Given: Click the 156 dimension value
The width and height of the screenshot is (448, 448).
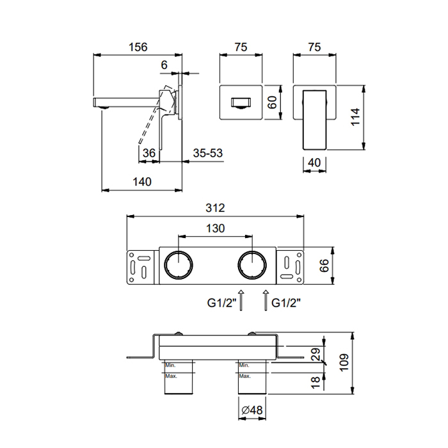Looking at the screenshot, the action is pyautogui.click(x=138, y=47).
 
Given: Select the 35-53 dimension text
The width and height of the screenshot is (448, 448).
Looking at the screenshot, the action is pyautogui.click(x=208, y=153).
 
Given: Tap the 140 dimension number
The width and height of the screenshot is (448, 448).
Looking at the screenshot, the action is pyautogui.click(x=142, y=182).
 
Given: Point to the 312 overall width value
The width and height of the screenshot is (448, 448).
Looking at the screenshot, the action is pyautogui.click(x=215, y=208).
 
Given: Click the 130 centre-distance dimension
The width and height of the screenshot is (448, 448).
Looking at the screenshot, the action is pyautogui.click(x=216, y=228).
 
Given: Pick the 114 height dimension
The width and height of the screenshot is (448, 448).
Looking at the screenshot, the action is pyautogui.click(x=355, y=116).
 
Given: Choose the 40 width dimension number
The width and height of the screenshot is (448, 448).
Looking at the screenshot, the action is pyautogui.click(x=314, y=163).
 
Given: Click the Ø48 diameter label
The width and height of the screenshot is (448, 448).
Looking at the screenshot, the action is pyautogui.click(x=252, y=410).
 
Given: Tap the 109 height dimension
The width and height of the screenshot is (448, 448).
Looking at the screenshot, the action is pyautogui.click(x=344, y=362).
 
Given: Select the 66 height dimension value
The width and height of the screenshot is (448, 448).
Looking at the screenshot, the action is pyautogui.click(x=324, y=266).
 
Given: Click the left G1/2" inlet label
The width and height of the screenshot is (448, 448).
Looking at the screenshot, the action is pyautogui.click(x=221, y=303).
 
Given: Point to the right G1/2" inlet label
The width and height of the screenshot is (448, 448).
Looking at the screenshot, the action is pyautogui.click(x=286, y=303).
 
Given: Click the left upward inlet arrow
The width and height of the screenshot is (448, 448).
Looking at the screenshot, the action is pyautogui.click(x=241, y=300).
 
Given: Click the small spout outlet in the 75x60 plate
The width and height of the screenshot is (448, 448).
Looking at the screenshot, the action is pyautogui.click(x=241, y=102).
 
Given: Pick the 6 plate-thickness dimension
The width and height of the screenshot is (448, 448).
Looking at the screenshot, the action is pyautogui.click(x=164, y=65).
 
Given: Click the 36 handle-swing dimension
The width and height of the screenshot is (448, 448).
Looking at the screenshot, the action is pyautogui.click(x=149, y=153).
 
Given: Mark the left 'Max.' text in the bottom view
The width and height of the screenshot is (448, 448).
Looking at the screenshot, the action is pyautogui.click(x=171, y=376).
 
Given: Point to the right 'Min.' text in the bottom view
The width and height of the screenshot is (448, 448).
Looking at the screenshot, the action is pyautogui.click(x=244, y=365).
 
